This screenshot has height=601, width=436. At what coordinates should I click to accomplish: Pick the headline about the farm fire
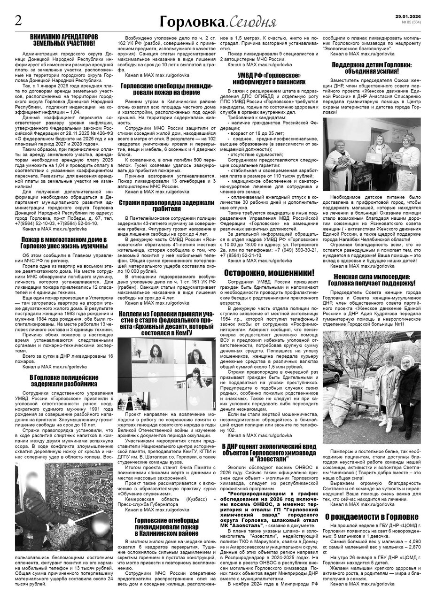point(167,89)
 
